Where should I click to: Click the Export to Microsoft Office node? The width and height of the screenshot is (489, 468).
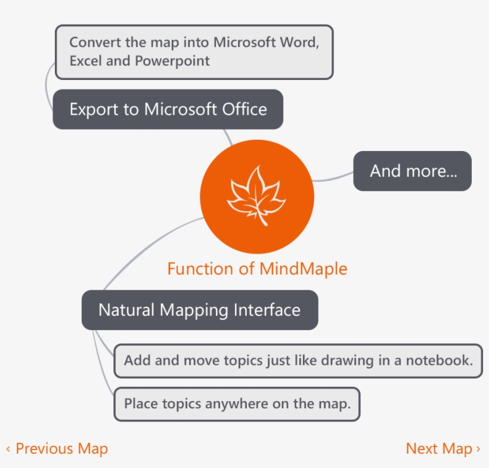168,109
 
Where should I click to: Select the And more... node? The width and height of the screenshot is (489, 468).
412,171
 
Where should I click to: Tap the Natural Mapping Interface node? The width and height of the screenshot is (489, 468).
200,310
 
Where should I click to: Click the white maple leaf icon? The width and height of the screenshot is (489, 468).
256,195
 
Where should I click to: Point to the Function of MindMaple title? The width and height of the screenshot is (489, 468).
257,269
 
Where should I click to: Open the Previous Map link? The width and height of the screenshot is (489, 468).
57,449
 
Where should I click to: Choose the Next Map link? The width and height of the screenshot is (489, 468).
443,449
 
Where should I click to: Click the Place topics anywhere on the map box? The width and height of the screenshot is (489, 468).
237,404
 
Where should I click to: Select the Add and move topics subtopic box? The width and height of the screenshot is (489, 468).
298,361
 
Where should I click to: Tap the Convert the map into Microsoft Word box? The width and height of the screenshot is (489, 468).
194,52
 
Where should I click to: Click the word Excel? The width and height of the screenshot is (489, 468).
86,60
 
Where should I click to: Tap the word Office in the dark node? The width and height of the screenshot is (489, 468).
244,109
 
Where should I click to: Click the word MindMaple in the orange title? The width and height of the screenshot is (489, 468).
303,269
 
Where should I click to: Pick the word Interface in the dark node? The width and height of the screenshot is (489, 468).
267,310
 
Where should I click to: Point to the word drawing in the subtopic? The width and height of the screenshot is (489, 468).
348,361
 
